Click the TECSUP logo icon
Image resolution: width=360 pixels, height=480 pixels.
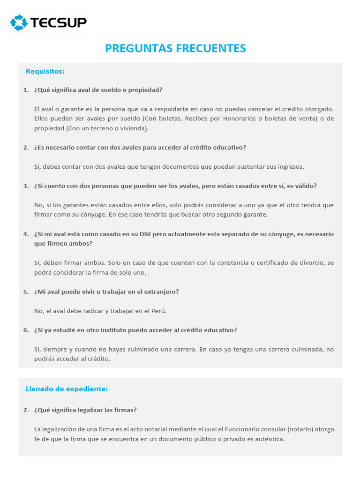pos(19,22)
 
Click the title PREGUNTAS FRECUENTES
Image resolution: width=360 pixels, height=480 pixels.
pos(175,48)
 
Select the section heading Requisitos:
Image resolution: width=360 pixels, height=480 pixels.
pos(45,71)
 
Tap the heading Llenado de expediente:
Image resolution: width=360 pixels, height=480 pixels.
pos(67,389)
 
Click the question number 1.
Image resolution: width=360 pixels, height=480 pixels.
pos(25,90)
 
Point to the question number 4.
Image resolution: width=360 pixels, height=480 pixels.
pos(25,234)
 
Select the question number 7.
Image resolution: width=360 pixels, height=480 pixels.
pos(25,410)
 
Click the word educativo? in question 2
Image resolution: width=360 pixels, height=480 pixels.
pos(230,147)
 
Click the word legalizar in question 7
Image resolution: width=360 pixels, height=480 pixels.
pos(88,410)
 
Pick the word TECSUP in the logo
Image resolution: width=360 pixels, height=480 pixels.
pos(59,22)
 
